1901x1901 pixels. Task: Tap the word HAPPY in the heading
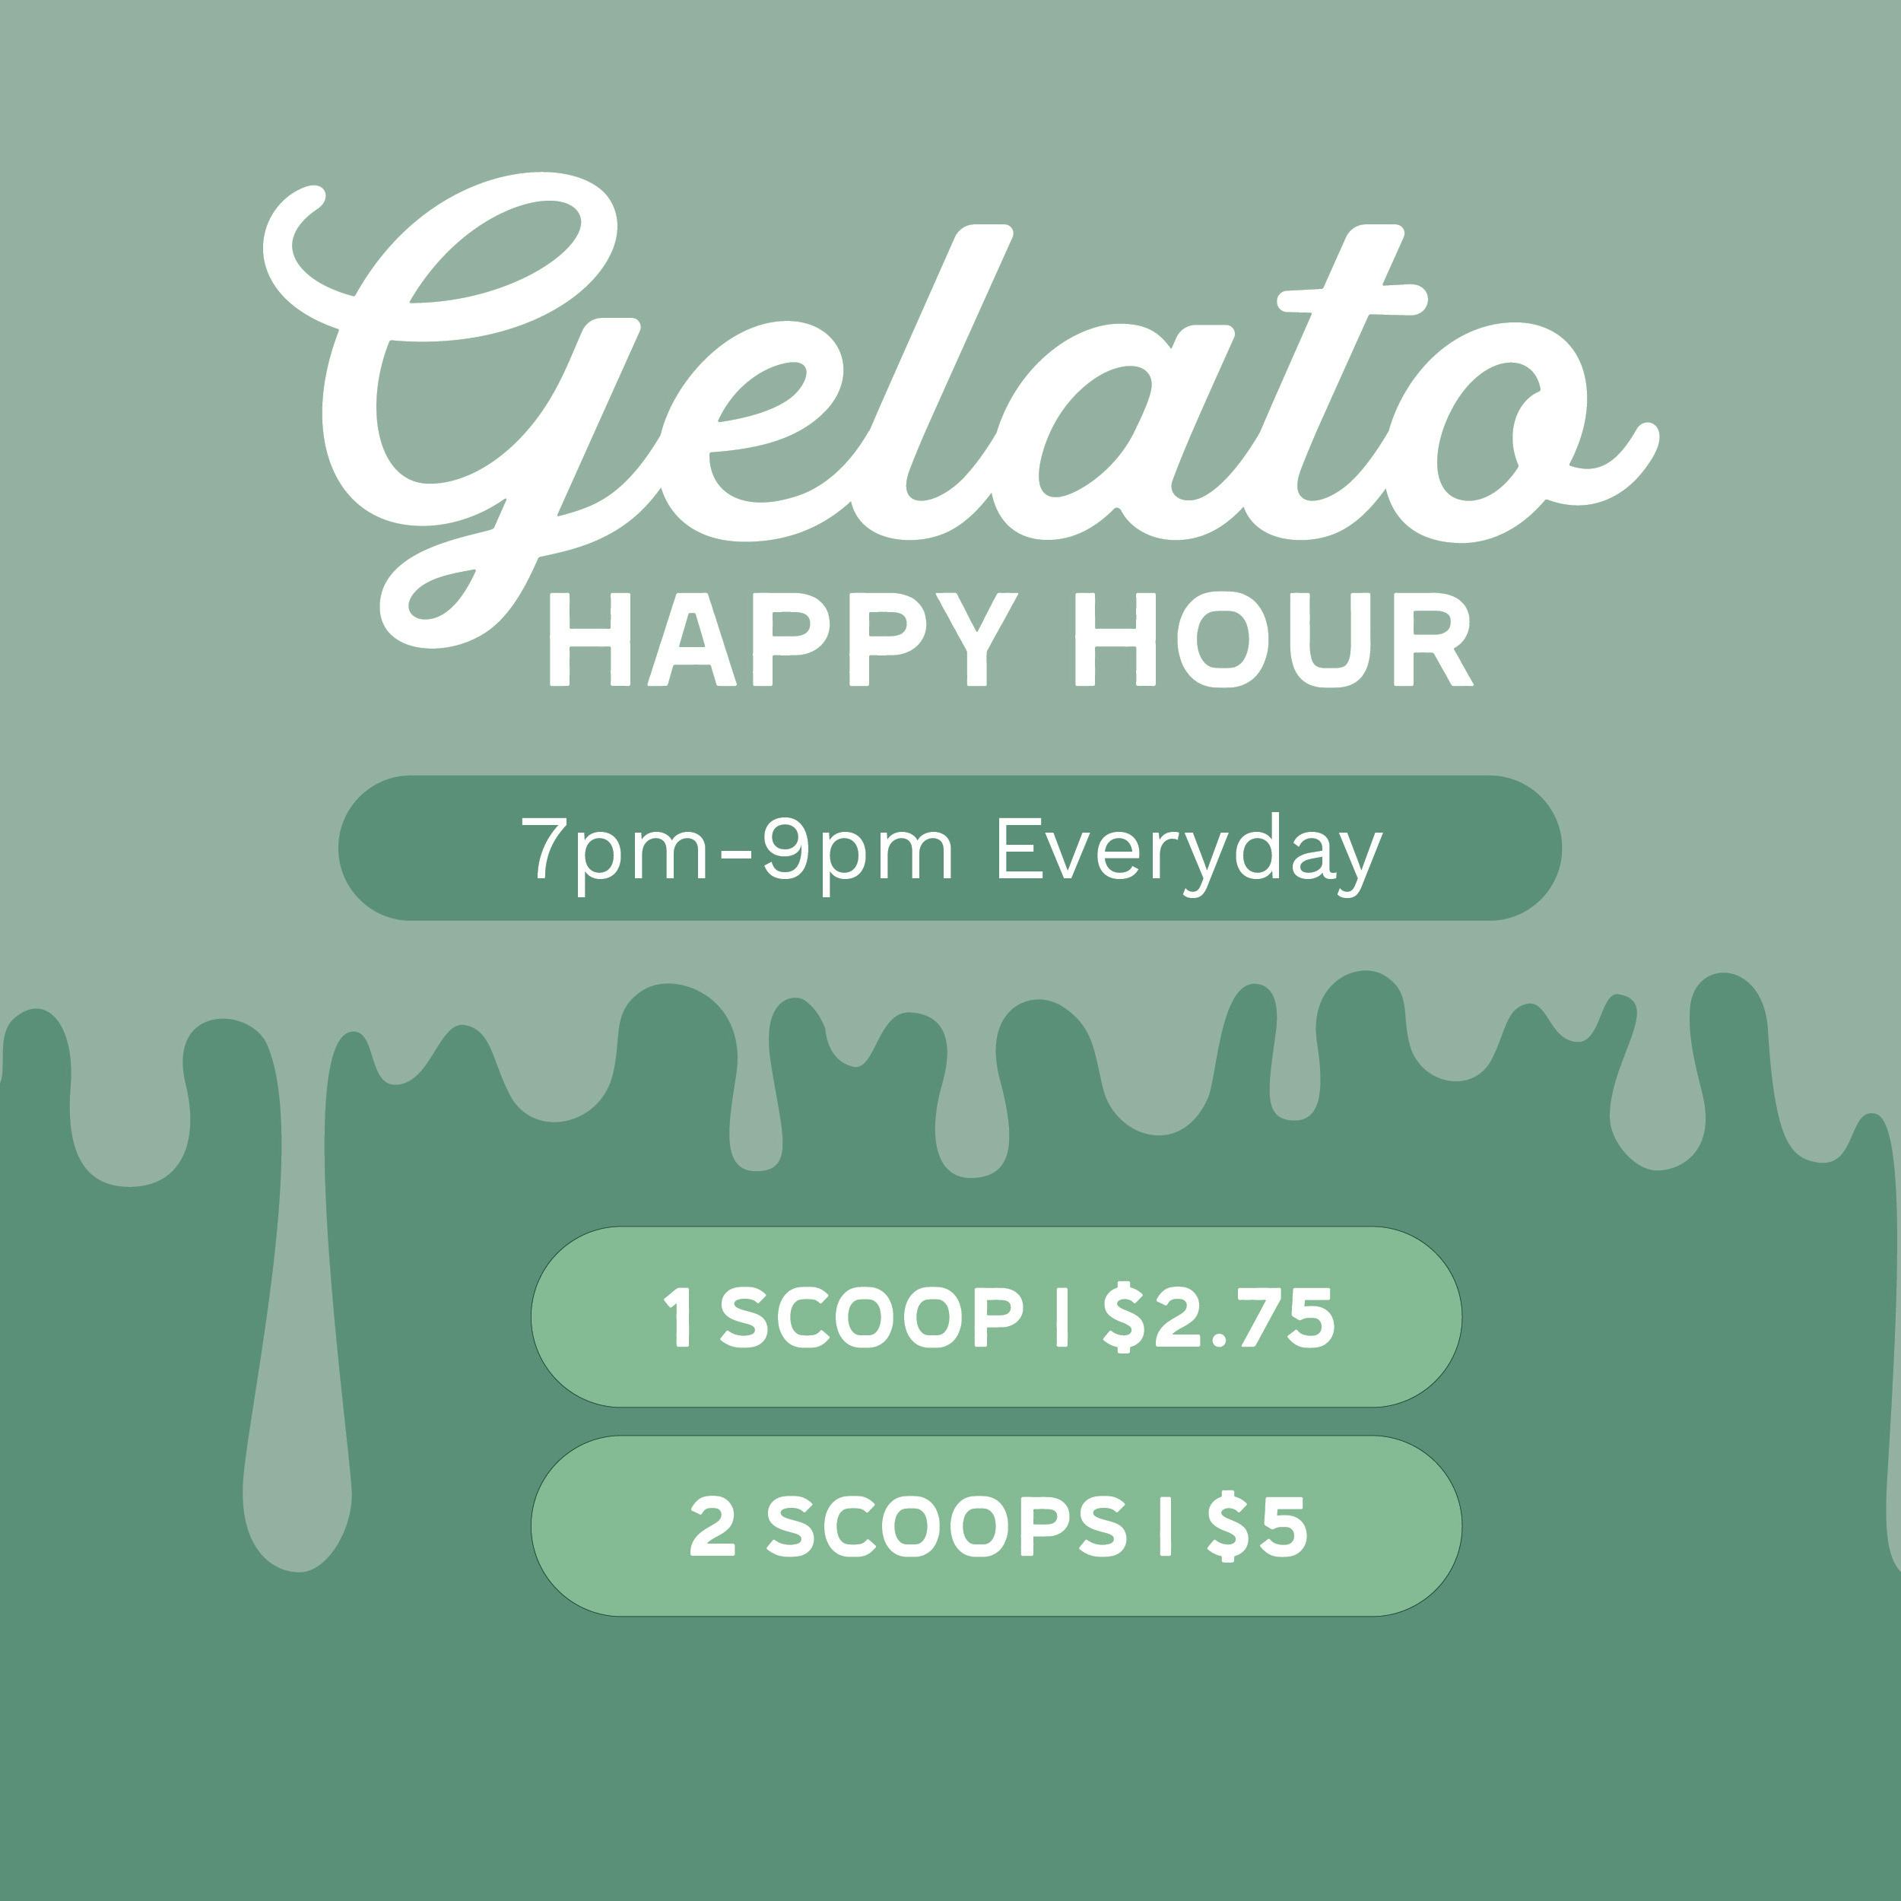pyautogui.click(x=782, y=639)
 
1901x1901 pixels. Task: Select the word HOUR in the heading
pyautogui.click(x=1273, y=639)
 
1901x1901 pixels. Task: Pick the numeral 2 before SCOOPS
pyautogui.click(x=712, y=1527)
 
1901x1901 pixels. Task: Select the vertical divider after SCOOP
pyautogui.click(x=1062, y=1318)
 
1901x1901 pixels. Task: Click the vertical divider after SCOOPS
pyautogui.click(x=1166, y=1527)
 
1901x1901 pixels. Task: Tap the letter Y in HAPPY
pyautogui.click(x=973, y=639)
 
